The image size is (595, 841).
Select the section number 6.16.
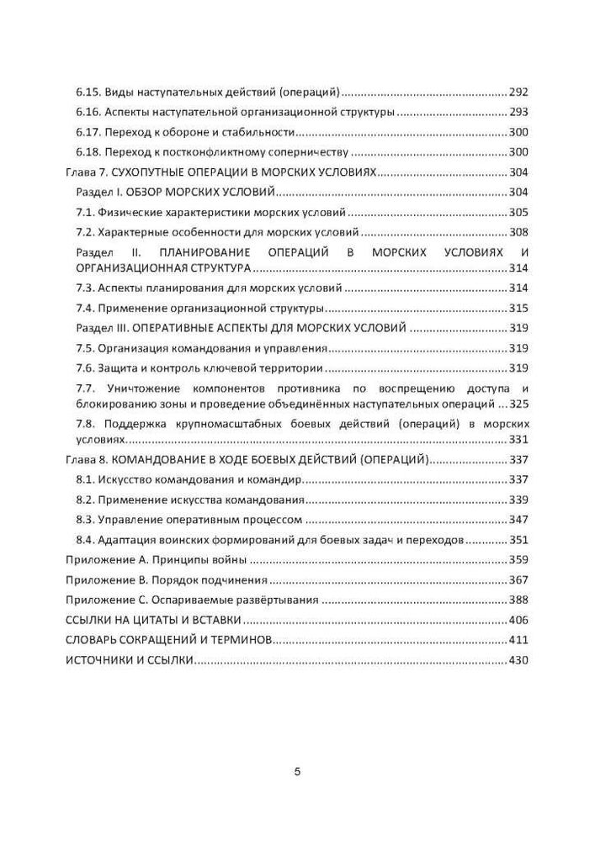coord(88,112)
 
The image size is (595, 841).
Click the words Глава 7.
coord(85,172)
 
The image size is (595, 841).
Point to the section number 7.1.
coord(84,213)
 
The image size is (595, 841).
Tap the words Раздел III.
coord(101,328)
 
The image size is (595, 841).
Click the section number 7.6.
coord(84,368)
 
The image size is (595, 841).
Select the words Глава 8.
coord(85,460)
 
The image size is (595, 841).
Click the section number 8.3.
coord(84,521)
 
